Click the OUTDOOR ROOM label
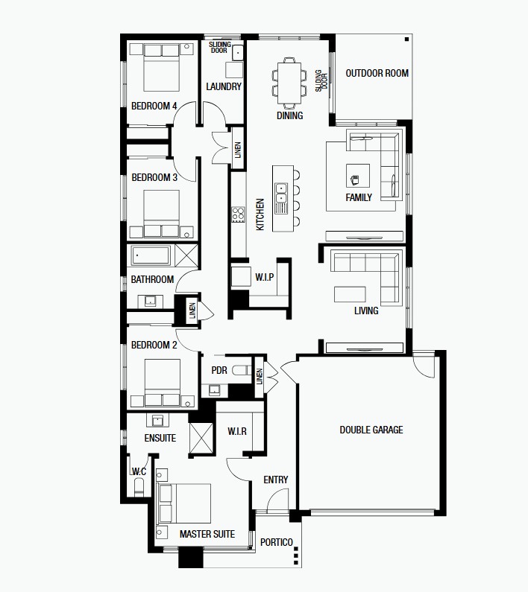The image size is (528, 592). click(x=377, y=73)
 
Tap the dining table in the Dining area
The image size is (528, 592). click(x=289, y=83)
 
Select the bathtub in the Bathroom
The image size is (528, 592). click(x=151, y=255)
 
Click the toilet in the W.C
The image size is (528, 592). click(x=139, y=487)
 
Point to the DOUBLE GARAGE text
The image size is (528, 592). click(x=371, y=430)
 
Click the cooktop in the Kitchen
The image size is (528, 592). click(x=239, y=214)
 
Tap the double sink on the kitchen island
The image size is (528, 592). click(x=281, y=194)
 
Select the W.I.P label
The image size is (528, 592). click(x=265, y=277)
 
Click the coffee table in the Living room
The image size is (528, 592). click(x=350, y=294)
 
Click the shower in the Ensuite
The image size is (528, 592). click(x=201, y=438)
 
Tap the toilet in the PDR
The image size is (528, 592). click(x=242, y=370)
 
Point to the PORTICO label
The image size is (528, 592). click(x=277, y=542)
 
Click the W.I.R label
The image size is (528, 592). click(x=237, y=431)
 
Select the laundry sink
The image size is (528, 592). click(x=237, y=53)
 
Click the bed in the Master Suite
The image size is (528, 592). click(x=183, y=503)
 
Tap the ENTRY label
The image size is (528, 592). click(x=276, y=480)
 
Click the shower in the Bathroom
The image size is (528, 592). click(x=186, y=255)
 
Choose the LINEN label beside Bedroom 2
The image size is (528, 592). click(x=192, y=311)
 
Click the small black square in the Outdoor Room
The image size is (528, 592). click(x=406, y=39)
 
